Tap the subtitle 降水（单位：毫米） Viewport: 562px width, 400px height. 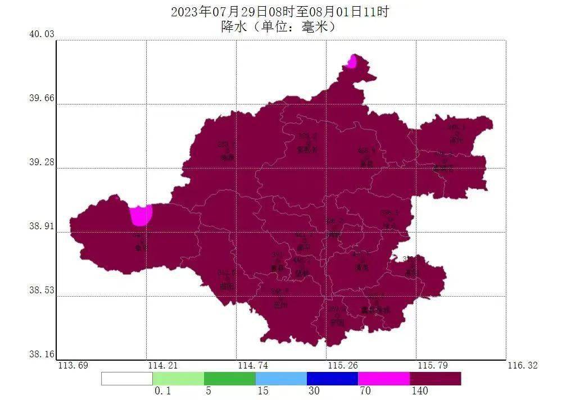[279, 26]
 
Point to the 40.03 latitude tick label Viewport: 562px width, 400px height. [42, 34]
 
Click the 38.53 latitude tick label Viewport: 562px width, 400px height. [42, 290]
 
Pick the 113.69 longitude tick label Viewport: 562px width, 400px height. [73, 366]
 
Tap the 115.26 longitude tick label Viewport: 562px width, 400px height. [342, 366]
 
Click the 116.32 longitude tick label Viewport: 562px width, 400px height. [523, 366]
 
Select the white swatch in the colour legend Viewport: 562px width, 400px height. [126, 379]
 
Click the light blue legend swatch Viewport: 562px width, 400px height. [281, 379]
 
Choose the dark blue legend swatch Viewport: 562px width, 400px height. [332, 379]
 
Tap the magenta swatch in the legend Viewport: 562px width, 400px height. [384, 379]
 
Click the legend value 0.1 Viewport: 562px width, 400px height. [162, 391]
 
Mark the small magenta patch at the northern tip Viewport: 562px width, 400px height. [352, 61]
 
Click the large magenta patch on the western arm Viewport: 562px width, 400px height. [140, 215]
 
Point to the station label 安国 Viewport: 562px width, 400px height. [337, 322]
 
